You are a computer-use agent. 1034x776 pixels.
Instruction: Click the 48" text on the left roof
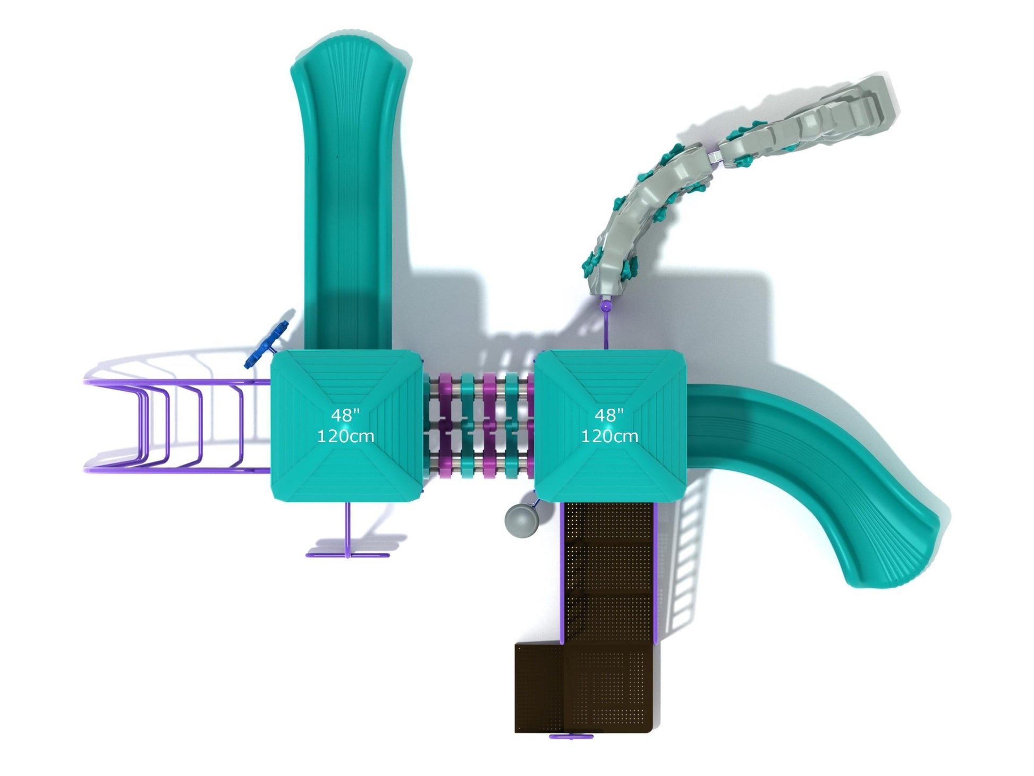[x=345, y=416]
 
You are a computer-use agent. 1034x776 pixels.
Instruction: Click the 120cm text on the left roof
[x=345, y=436]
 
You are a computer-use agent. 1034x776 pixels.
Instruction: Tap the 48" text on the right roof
[x=609, y=416]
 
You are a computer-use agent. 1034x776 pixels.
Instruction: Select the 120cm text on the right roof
[x=609, y=436]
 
